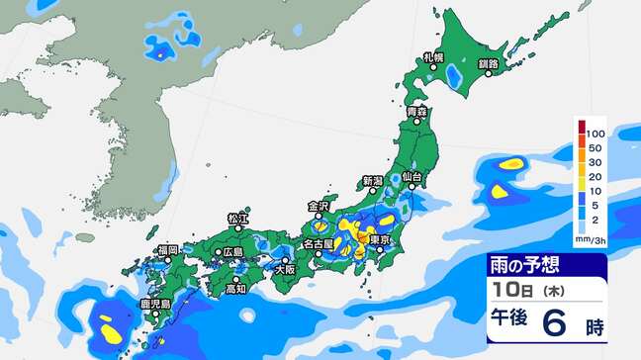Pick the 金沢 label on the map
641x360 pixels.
pyautogui.click(x=318, y=207)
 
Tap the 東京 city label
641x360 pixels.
pyautogui.click(x=383, y=240)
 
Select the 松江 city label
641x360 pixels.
pyautogui.click(x=237, y=217)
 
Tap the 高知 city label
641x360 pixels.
pyautogui.click(x=235, y=289)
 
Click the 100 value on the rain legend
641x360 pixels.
pyautogui.click(x=595, y=133)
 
